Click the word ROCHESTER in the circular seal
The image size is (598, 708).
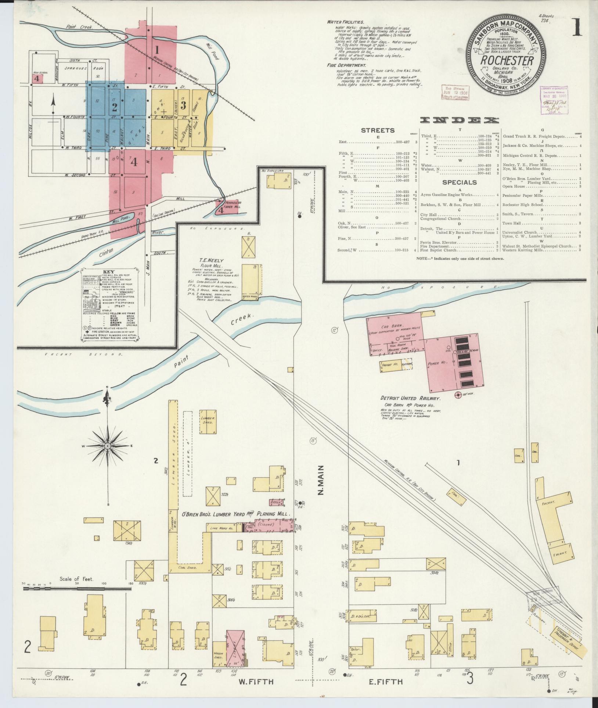point(507,61)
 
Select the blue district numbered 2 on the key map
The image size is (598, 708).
point(115,108)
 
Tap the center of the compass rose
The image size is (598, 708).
point(108,446)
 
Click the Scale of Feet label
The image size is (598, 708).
point(77,579)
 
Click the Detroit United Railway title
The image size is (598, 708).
point(410,398)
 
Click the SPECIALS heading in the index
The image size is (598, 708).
point(459,182)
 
